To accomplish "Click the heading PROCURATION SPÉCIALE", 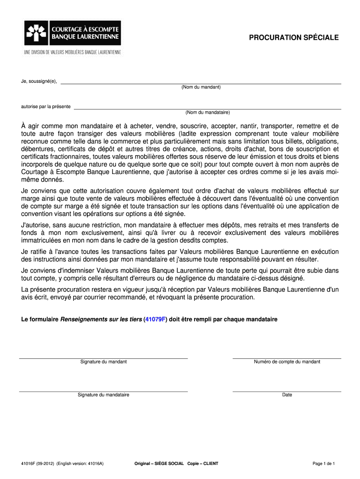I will click(x=294, y=37).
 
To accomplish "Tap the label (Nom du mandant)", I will click(x=201, y=87).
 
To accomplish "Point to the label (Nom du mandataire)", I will click(x=208, y=112).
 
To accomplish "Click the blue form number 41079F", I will click(x=156, y=319).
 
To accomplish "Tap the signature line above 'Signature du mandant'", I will click(x=103, y=358).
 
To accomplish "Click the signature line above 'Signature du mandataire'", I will click(x=103, y=391).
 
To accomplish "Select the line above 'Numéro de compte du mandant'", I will click(x=287, y=358).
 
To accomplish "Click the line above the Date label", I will click(x=287, y=391).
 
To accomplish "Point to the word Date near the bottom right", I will click(x=287, y=395).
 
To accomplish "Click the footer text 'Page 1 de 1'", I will click(x=324, y=464).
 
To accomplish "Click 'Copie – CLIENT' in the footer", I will click(x=202, y=464).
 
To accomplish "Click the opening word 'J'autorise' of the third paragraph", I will click(x=35, y=225).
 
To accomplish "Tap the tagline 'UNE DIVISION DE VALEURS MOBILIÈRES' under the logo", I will click(x=72, y=52).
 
